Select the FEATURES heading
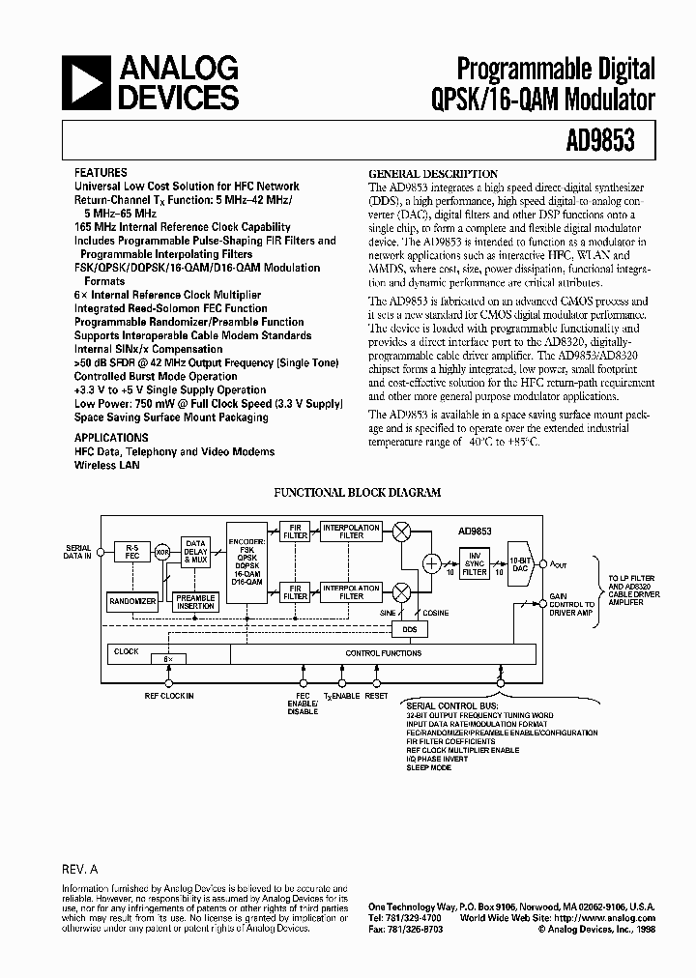[x=101, y=172]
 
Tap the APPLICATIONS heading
[x=111, y=438]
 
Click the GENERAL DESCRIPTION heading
[x=434, y=174]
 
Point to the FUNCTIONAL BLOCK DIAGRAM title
[x=358, y=492]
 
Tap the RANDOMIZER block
[x=132, y=600]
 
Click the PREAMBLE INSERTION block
[x=195, y=600]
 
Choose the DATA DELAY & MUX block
[x=196, y=551]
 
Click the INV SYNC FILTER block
[x=474, y=564]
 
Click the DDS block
[x=407, y=629]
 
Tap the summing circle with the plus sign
[x=431, y=563]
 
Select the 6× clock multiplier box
[x=170, y=659]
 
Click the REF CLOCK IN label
[x=169, y=696]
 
